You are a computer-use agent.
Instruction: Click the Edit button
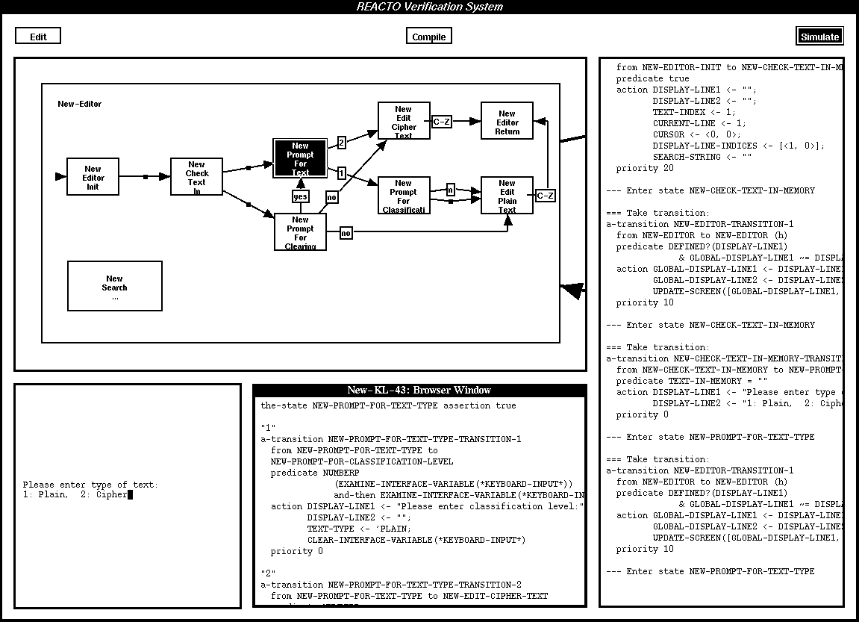click(x=38, y=36)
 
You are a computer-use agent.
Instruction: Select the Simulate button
click(x=819, y=36)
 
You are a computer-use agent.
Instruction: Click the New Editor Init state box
click(x=93, y=177)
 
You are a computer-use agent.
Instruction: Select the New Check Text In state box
click(x=197, y=178)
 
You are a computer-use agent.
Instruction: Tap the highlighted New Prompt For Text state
click(x=300, y=158)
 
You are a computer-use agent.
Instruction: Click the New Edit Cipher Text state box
click(x=404, y=122)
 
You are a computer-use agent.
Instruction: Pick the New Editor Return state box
click(x=507, y=122)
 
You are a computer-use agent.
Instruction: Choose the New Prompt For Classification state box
click(x=404, y=196)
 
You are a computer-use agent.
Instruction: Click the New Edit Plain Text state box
click(x=507, y=196)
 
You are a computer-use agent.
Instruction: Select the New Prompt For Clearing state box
click(x=300, y=232)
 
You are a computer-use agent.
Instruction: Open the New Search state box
click(x=115, y=286)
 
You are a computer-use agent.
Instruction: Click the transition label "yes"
click(x=300, y=196)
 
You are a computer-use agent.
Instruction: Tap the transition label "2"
click(x=341, y=142)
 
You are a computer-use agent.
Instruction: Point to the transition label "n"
click(x=451, y=190)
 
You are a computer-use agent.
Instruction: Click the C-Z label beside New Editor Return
click(x=442, y=121)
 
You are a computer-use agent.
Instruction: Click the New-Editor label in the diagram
click(x=80, y=104)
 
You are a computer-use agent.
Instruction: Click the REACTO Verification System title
click(x=429, y=7)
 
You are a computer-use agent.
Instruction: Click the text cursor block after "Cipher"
click(x=130, y=494)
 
